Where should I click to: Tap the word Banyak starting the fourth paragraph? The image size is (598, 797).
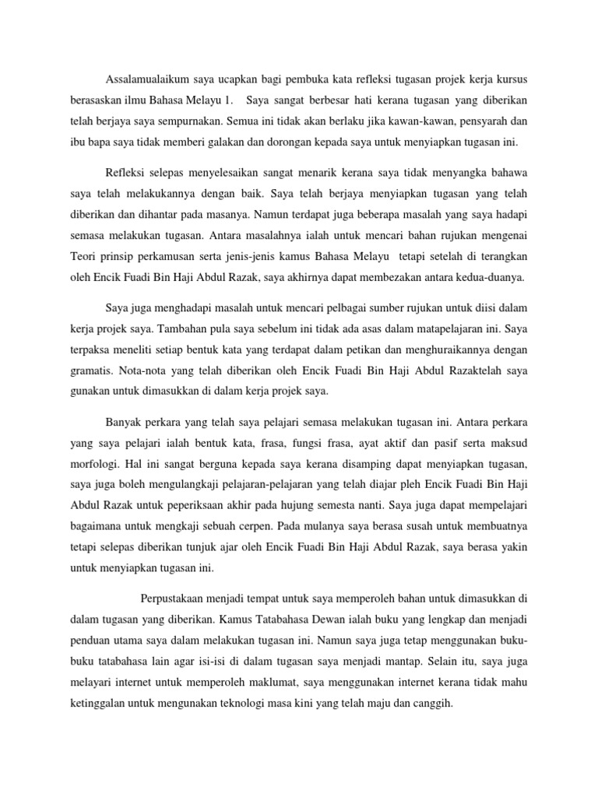point(123,423)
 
